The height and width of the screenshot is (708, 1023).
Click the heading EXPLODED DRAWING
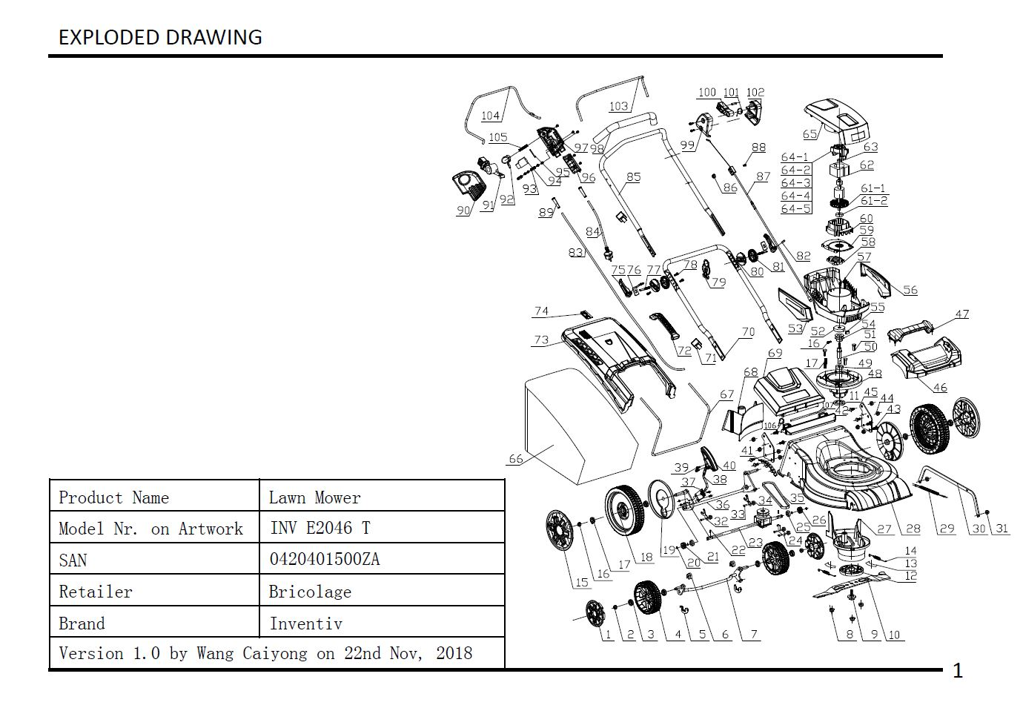tap(160, 37)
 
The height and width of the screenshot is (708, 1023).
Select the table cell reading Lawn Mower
tap(314, 497)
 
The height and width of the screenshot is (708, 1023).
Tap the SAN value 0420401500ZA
tap(324, 559)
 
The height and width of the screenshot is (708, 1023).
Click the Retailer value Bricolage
tap(310, 592)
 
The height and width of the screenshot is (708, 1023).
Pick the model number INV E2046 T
tap(320, 528)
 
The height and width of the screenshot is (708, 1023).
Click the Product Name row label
tap(113, 497)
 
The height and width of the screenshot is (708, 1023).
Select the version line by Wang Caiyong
tap(265, 653)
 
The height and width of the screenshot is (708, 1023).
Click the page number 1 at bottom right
tap(957, 671)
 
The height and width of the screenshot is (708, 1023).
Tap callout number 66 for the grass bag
tap(515, 459)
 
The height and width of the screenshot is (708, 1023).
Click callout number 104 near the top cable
tap(490, 116)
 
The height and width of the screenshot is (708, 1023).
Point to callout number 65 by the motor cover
tap(810, 134)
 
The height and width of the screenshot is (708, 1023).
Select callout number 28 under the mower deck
tap(913, 529)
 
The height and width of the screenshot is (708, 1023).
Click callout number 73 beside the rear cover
tap(541, 340)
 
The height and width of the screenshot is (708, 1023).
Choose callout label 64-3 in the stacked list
tap(795, 183)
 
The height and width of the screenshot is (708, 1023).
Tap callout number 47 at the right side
tap(961, 314)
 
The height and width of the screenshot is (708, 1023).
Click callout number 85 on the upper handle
tap(633, 177)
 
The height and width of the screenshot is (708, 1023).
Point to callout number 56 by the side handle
tap(910, 290)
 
